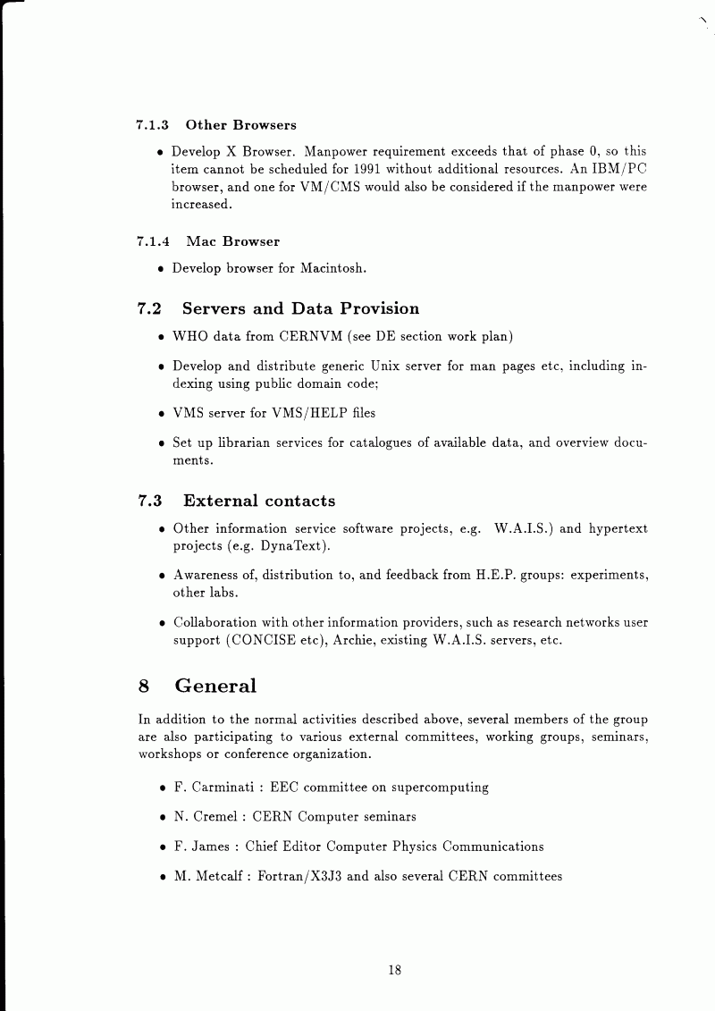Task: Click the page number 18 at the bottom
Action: (394, 970)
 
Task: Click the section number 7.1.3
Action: (153, 125)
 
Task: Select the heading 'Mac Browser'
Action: (232, 241)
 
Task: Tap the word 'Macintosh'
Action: (332, 268)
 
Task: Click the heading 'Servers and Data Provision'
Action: (300, 309)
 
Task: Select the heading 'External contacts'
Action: (259, 501)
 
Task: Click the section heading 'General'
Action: (215, 687)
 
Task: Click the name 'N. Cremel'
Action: (204, 817)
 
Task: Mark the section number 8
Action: (144, 687)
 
